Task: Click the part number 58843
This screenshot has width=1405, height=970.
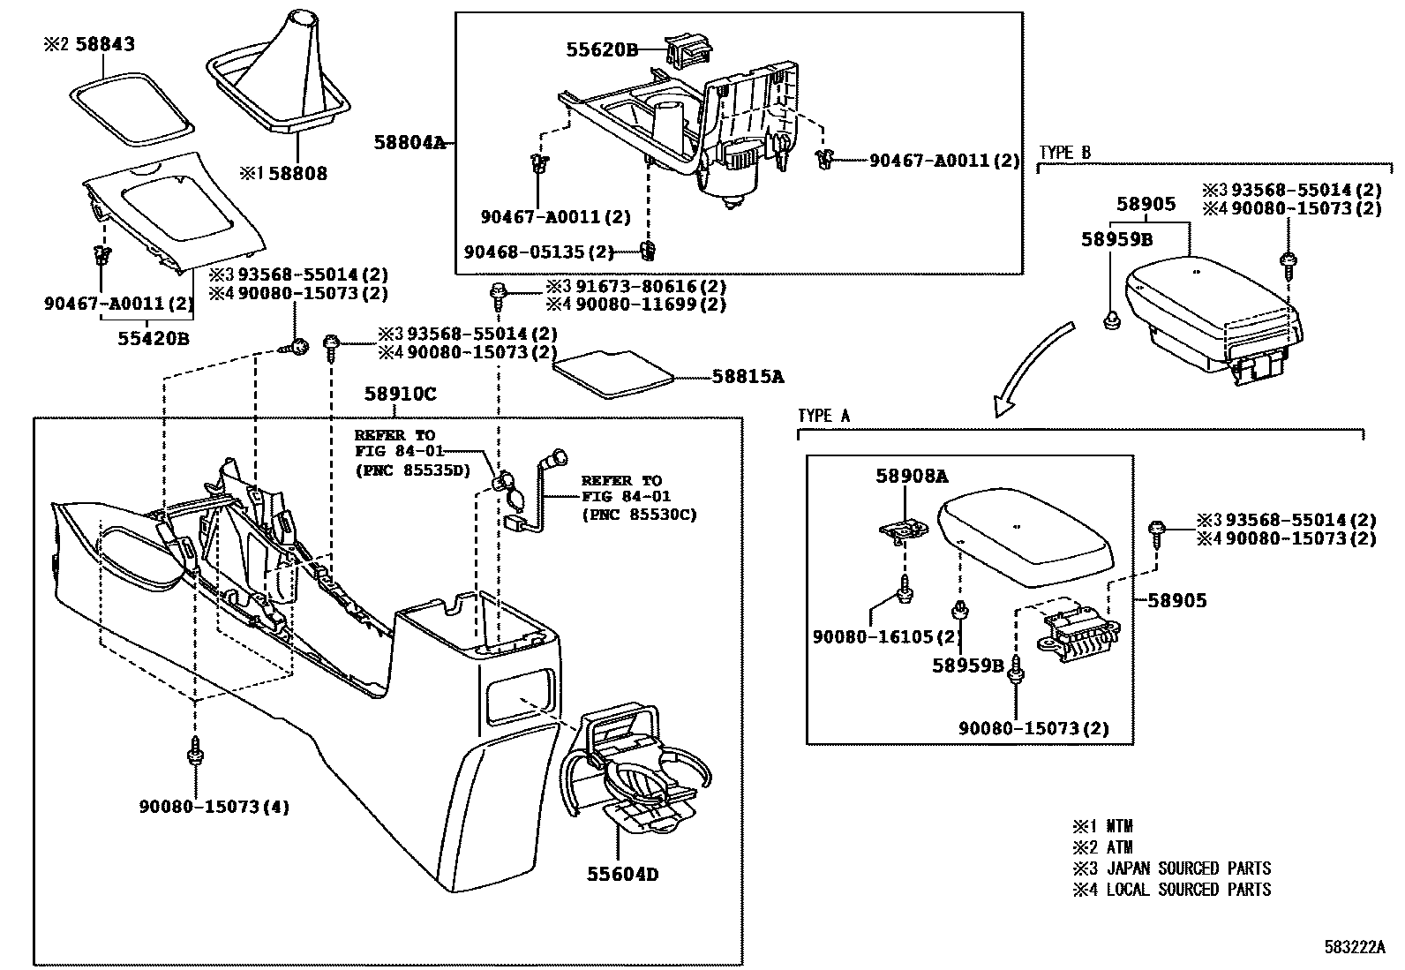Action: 103,43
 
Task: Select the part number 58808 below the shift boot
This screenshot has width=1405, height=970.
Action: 297,174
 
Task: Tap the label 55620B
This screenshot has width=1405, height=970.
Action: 602,51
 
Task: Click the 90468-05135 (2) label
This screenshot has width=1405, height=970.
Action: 538,252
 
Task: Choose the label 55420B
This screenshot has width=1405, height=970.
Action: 154,338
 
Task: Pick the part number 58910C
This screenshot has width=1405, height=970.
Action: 400,395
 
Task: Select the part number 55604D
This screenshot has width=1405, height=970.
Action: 622,875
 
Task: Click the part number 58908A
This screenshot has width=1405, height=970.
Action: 912,477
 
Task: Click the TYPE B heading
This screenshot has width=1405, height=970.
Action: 1064,153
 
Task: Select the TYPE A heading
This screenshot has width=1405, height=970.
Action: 823,416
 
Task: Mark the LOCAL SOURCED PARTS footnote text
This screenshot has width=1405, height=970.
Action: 1188,890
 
